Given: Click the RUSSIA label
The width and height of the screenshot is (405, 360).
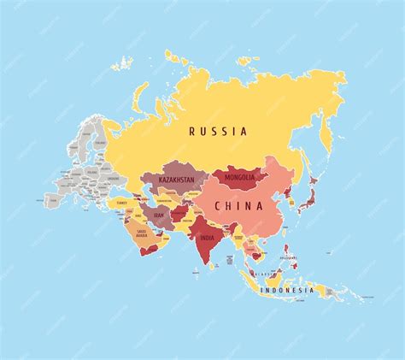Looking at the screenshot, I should point(219,132).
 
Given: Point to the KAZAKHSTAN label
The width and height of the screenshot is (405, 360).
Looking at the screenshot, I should point(176,180).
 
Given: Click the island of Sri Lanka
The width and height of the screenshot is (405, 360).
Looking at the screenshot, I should point(214,265).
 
